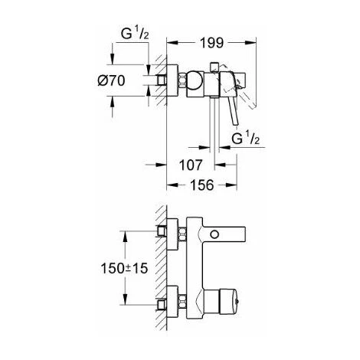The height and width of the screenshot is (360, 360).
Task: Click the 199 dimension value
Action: [x=211, y=43]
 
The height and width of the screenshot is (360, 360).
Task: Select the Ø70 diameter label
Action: [x=111, y=80]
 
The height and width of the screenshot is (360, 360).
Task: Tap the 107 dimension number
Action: [x=191, y=165]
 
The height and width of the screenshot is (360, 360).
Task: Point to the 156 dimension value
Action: [x=201, y=185]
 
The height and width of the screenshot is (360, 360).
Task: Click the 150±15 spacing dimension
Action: [x=124, y=268]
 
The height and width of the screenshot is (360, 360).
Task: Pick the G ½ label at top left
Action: [x=135, y=34]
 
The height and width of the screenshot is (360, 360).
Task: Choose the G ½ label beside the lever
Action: [x=245, y=139]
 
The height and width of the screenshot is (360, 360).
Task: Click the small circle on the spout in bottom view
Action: [x=214, y=234]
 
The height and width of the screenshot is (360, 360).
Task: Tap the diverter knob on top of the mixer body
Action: [x=214, y=67]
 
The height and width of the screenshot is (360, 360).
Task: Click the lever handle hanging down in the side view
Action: [x=233, y=111]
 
